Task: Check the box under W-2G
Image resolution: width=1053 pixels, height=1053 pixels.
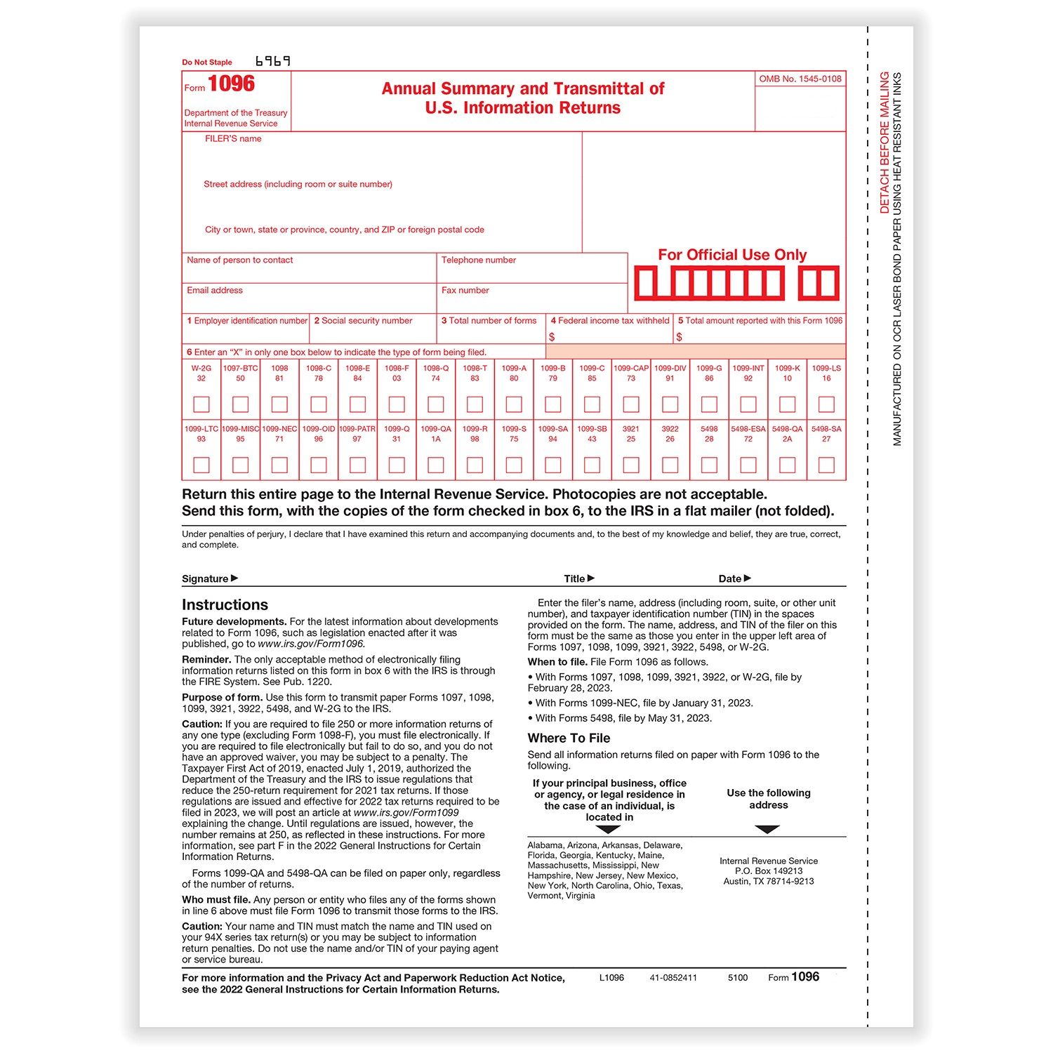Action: (201, 404)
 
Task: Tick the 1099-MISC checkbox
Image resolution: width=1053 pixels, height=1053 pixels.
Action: (240, 465)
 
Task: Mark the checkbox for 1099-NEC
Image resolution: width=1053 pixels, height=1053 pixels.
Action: (279, 465)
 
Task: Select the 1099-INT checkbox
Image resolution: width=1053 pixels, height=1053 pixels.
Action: (748, 404)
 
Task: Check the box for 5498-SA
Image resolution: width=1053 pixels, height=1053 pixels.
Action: (826, 465)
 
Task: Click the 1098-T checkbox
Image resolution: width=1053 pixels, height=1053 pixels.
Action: (475, 404)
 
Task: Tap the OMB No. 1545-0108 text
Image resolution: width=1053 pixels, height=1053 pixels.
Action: (800, 79)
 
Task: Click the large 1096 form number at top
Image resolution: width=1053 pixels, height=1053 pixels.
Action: (231, 84)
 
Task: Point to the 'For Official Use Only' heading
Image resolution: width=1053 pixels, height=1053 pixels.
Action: (732, 255)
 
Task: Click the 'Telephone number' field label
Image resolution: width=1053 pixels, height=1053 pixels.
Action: (479, 260)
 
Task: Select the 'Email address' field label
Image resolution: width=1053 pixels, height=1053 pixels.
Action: (215, 291)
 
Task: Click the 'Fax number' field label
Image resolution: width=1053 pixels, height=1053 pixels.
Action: (465, 291)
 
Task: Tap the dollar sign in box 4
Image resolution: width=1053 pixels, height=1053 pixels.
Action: (552, 337)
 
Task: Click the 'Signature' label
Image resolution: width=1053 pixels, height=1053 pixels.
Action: (205, 579)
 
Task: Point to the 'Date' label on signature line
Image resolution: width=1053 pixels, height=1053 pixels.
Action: (730, 579)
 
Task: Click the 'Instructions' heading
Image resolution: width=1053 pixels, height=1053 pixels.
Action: (225, 605)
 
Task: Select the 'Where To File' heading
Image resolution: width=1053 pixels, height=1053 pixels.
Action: (569, 739)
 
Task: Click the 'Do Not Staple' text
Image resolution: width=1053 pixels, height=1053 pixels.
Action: (207, 62)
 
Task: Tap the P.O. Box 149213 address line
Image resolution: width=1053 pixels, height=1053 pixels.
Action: (769, 871)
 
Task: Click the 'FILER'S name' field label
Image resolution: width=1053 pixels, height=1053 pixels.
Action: (233, 139)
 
